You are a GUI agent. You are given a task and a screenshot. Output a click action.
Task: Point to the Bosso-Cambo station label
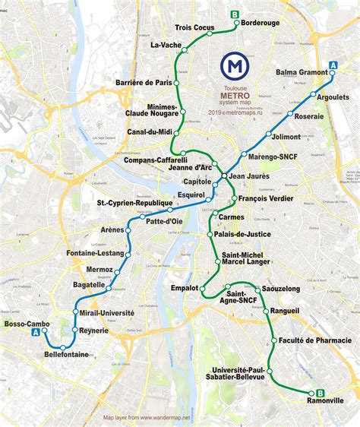point(27,324)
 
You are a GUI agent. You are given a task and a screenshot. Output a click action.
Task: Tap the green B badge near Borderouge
point(235,14)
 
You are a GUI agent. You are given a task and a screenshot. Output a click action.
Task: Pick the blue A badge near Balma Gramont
point(333,65)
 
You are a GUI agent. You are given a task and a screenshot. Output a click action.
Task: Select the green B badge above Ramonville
point(320,392)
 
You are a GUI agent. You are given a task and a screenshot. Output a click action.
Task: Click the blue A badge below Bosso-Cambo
point(35,333)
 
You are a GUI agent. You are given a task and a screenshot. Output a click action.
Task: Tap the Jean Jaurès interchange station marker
point(223,177)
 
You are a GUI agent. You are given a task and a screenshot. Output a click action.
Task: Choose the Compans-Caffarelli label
point(156,160)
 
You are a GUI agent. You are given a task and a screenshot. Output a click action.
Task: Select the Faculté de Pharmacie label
point(315,340)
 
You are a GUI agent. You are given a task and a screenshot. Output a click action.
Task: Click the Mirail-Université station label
point(107,312)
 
